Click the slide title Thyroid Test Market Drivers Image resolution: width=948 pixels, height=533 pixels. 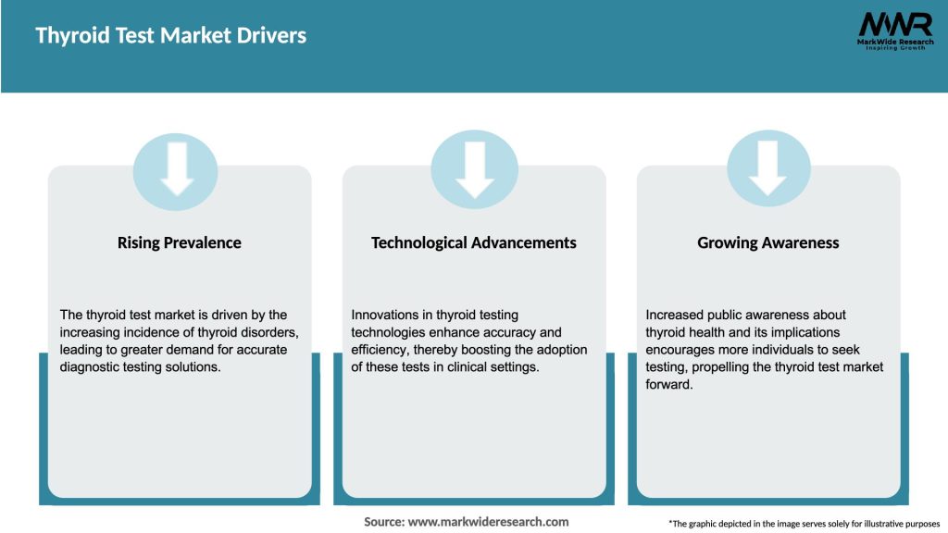170,36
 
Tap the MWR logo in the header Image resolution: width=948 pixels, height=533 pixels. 894,25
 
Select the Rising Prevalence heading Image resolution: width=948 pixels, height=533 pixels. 179,242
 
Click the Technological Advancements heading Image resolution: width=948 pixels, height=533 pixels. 473,242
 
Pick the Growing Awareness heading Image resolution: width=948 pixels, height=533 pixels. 767,242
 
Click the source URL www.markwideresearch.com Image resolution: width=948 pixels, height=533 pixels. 489,522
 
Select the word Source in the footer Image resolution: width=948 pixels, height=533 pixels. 383,522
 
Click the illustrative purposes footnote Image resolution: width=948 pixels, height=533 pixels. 804,524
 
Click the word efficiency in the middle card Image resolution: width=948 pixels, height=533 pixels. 380,350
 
